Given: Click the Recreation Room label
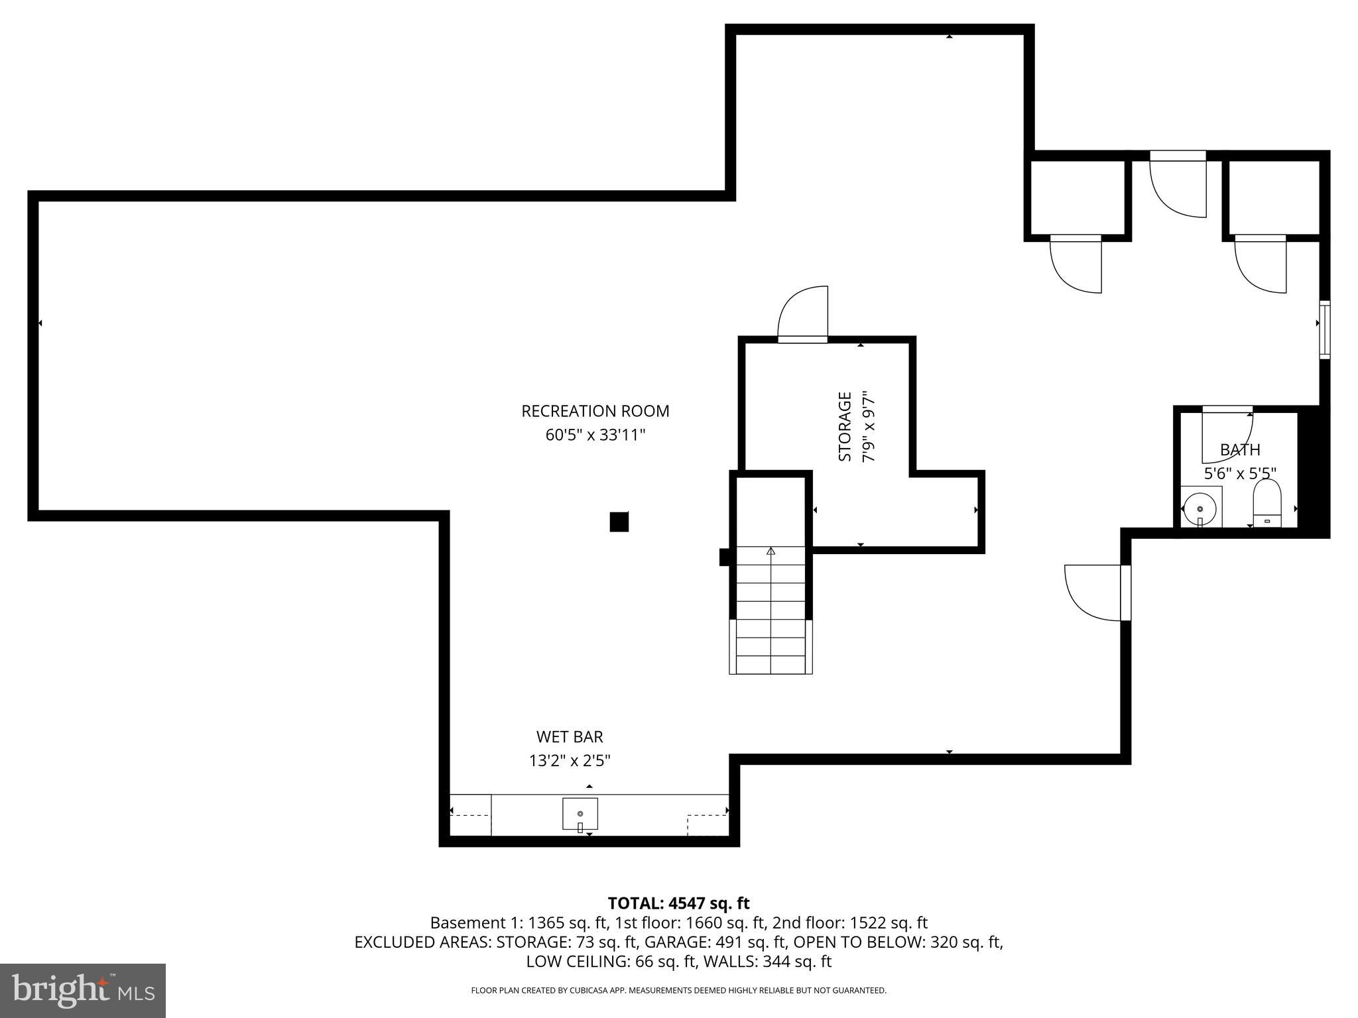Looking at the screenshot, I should pyautogui.click(x=595, y=411).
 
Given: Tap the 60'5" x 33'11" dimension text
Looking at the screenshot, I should pyautogui.click(x=595, y=435).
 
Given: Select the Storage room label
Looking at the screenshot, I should pyautogui.click(x=845, y=426).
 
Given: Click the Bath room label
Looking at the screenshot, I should pyautogui.click(x=1239, y=450).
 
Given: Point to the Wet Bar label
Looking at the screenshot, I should pyautogui.click(x=570, y=736).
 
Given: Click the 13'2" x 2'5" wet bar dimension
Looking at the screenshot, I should pyautogui.click(x=570, y=760).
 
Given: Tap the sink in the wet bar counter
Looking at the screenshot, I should pyautogui.click(x=580, y=814).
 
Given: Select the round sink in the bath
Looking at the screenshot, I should pyautogui.click(x=1200, y=508).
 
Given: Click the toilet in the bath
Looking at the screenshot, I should pyautogui.click(x=1267, y=503).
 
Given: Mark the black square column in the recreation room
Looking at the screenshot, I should pyautogui.click(x=619, y=522).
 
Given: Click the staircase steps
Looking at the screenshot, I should pyautogui.click(x=771, y=610).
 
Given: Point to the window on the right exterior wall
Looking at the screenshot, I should pyautogui.click(x=1324, y=329).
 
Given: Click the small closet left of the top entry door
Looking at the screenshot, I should pyautogui.click(x=1078, y=198).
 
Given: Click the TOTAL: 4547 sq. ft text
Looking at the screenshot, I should pyautogui.click(x=678, y=903).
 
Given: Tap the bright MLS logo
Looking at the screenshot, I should pyautogui.click(x=82, y=990).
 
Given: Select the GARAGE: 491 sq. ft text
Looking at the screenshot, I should pyautogui.click(x=715, y=942).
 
